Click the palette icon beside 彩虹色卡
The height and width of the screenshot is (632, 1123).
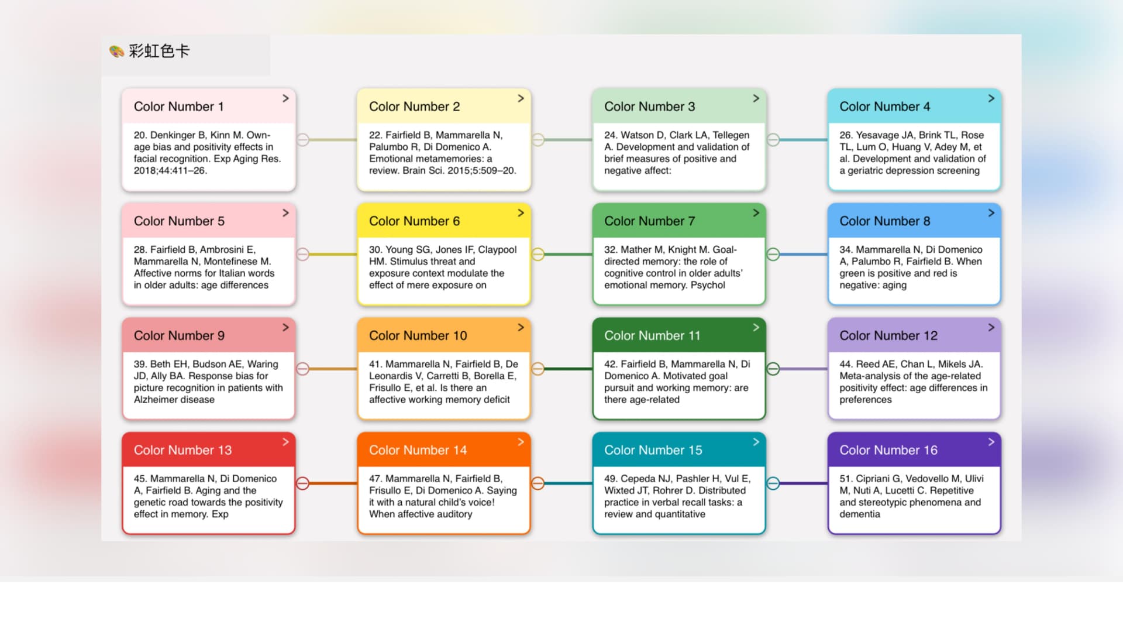tap(116, 51)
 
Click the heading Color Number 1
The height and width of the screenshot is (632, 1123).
tap(178, 107)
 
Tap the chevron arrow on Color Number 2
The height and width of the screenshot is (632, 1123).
tap(521, 98)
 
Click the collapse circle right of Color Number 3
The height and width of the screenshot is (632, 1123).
tap(773, 140)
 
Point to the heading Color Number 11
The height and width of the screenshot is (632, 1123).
tap(652, 336)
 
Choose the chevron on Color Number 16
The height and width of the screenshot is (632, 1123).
tap(991, 442)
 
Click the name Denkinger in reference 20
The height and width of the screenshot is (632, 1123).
tap(174, 135)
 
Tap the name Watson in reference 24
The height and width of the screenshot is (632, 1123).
tap(637, 135)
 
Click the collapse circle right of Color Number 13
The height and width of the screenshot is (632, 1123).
tap(302, 483)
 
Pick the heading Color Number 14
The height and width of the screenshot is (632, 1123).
tap(418, 451)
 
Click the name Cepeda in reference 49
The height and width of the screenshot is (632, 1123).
tap(639, 479)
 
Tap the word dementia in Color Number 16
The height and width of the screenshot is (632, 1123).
tap(859, 514)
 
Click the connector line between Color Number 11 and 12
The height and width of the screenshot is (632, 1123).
tap(804, 369)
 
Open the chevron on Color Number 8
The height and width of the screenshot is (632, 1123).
tap(991, 213)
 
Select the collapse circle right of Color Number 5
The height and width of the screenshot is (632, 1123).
tap(302, 255)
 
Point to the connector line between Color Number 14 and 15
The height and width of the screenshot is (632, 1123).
tap(568, 483)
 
